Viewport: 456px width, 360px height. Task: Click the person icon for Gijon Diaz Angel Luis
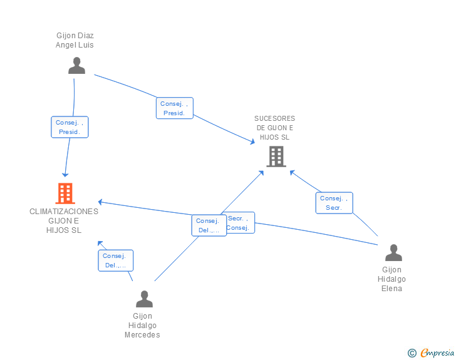[x=76, y=66]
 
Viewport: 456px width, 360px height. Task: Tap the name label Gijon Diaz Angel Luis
[x=75, y=40]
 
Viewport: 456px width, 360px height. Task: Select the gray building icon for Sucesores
[x=276, y=157]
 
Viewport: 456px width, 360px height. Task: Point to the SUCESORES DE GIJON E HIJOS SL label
[x=274, y=128]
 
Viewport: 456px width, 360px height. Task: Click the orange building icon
[x=65, y=193]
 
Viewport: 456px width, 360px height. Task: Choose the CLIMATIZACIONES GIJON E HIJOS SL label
[x=64, y=220]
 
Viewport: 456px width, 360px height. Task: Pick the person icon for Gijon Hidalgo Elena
[x=393, y=253]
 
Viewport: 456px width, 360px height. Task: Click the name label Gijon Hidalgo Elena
[x=392, y=279]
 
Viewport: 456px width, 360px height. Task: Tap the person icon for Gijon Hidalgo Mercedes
[x=145, y=299]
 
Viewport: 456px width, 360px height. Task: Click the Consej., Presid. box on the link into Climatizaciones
[x=70, y=127]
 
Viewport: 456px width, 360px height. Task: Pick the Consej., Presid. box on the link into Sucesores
[x=174, y=108]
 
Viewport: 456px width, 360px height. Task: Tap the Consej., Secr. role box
[x=334, y=203]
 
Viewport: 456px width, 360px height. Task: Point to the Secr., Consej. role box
[x=239, y=223]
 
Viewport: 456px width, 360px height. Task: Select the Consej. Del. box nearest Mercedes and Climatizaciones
[x=115, y=260]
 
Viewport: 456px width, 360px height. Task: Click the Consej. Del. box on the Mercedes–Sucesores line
[x=209, y=225]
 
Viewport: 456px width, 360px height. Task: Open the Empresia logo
[x=437, y=353]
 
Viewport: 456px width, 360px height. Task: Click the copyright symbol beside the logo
[x=412, y=353]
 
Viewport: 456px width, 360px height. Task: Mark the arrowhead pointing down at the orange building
[x=65, y=174]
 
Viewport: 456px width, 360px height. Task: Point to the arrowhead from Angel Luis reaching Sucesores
[x=252, y=143]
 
